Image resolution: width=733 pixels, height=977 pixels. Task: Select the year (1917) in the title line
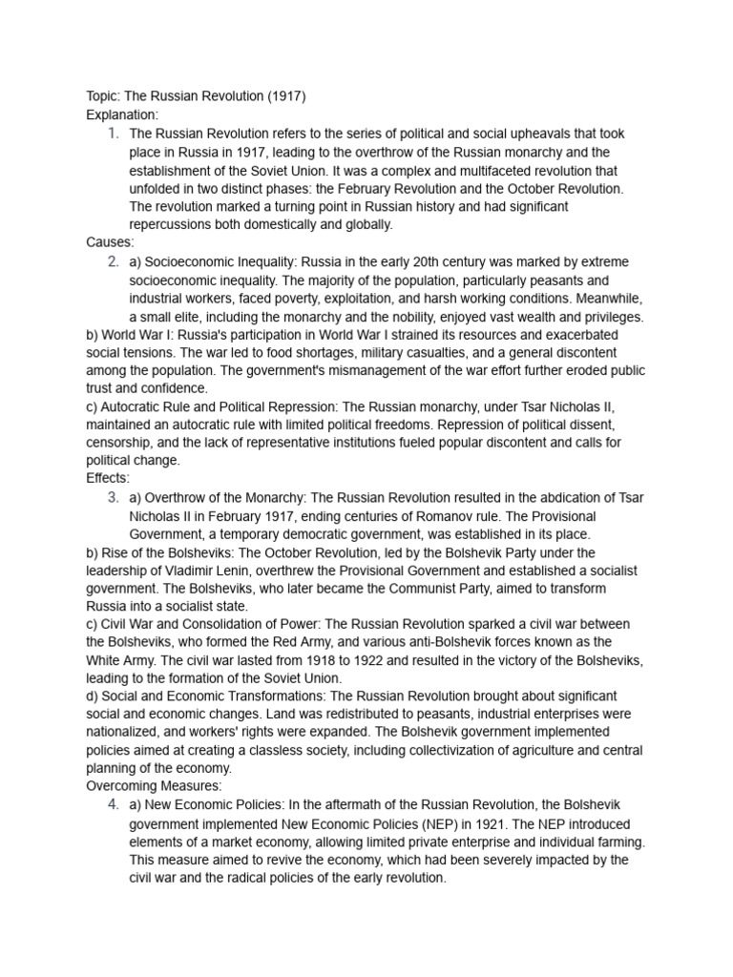285,96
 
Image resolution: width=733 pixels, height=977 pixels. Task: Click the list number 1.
114,134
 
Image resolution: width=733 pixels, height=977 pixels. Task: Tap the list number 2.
114,261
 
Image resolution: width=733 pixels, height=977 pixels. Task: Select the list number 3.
114,497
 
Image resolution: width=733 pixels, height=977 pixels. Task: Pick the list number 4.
114,805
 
